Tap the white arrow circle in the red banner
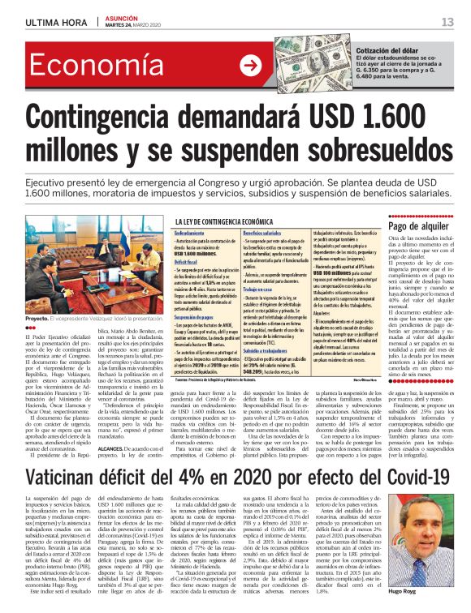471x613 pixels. pos(250,66)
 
